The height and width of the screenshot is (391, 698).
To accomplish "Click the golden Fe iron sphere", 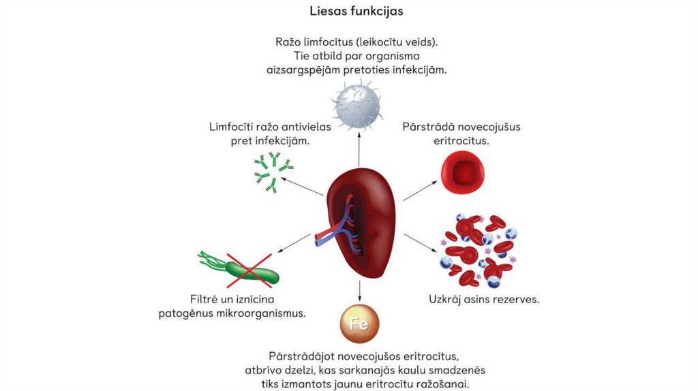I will (359, 324).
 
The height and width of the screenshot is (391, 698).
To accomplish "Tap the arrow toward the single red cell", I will (420, 191).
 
